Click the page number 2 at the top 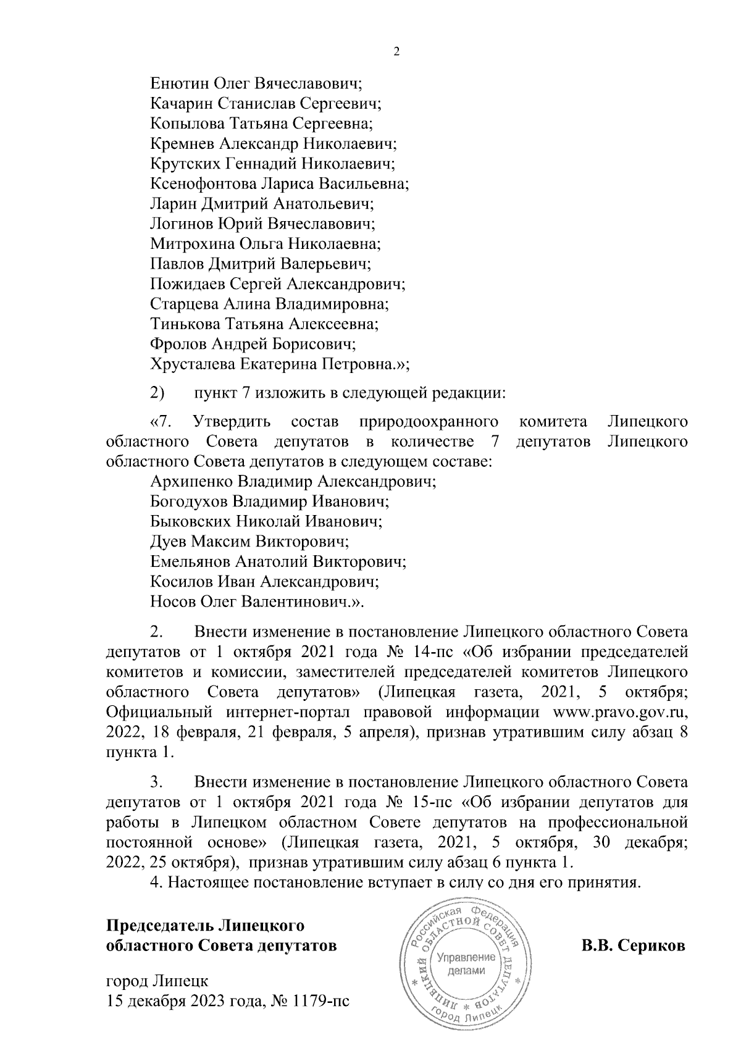(396, 52)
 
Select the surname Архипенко (190, 481)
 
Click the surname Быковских (191, 521)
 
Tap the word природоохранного (428, 422)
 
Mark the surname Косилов (178, 582)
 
